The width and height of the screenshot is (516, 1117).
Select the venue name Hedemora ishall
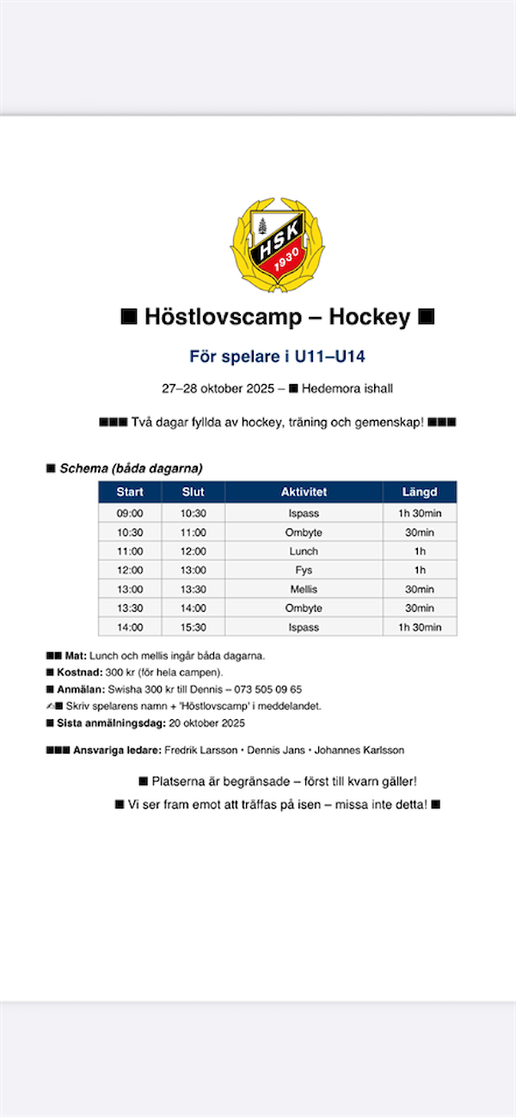click(x=347, y=388)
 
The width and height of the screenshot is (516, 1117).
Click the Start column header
click(x=130, y=492)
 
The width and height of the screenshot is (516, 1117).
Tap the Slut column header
click(x=193, y=492)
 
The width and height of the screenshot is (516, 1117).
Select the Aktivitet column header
click(x=304, y=492)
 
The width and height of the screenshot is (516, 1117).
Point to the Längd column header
click(x=420, y=492)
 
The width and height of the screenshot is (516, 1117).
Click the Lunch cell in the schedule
click(x=304, y=552)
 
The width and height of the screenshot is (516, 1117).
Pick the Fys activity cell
click(x=304, y=571)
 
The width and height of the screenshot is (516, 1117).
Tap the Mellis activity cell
click(x=304, y=589)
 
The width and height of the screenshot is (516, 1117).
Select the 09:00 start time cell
click(x=130, y=514)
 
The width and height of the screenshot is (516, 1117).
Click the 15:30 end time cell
click(x=193, y=627)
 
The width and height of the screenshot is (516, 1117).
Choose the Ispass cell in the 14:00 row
click(x=304, y=627)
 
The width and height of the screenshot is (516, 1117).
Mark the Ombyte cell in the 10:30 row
click(x=304, y=533)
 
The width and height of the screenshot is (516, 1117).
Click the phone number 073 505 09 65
click(x=267, y=689)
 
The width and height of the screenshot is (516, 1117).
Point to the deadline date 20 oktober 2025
click(x=206, y=723)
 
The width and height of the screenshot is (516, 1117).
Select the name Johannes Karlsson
click(x=359, y=750)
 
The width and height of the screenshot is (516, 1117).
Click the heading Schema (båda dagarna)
click(x=131, y=468)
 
